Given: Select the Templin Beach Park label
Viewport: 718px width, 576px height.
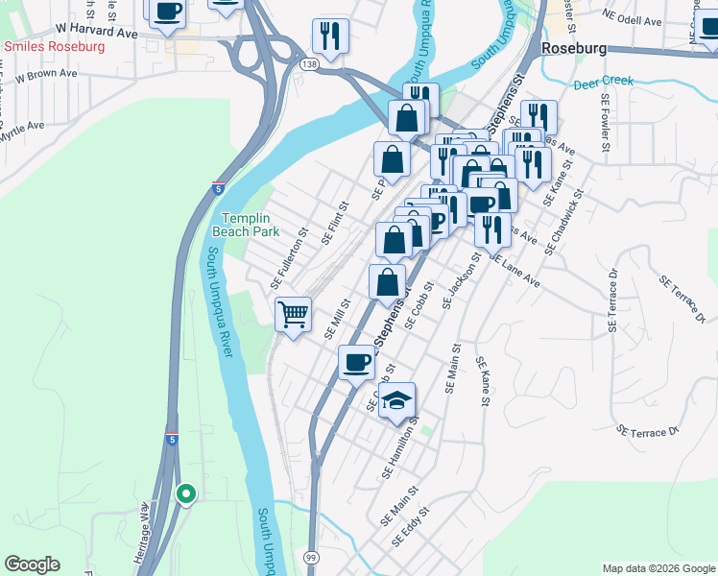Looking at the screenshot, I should [x=251, y=225].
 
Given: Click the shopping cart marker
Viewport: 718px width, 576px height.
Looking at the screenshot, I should [x=293, y=314].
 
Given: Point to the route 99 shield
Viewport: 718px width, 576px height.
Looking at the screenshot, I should [x=310, y=558].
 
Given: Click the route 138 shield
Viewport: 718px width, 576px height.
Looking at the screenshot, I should [x=309, y=63].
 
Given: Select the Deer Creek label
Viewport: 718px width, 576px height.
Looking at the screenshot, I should [x=603, y=83].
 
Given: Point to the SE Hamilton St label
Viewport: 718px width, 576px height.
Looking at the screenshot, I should [x=401, y=447].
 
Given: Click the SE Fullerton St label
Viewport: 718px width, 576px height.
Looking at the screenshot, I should [x=287, y=257].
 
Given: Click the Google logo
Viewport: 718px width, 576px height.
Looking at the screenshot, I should [x=32, y=564].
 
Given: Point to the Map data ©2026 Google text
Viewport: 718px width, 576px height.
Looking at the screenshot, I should [x=658, y=568].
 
